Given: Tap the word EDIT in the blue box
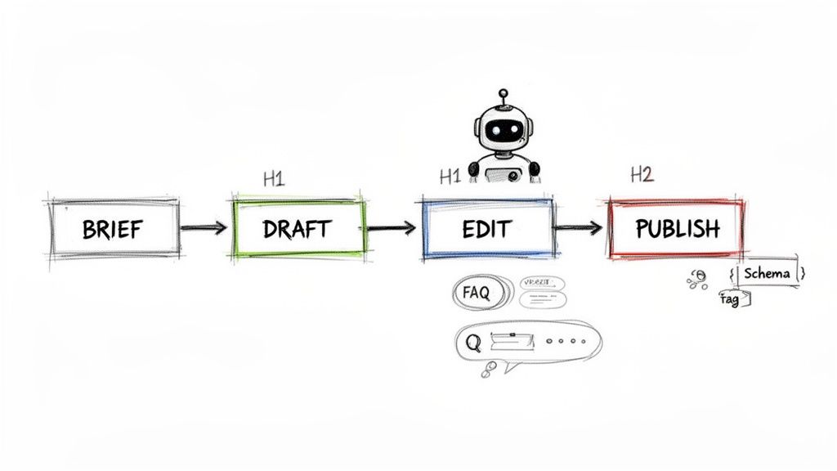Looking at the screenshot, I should pyautogui.click(x=486, y=228).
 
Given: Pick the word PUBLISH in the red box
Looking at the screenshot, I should pyautogui.click(x=677, y=228).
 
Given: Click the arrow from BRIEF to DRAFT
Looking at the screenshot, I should pyautogui.click(x=204, y=228).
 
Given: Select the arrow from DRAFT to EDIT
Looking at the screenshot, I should pyautogui.click(x=392, y=228).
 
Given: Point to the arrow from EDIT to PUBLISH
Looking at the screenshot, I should pyautogui.click(x=580, y=228).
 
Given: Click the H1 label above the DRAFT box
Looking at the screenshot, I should pyautogui.click(x=274, y=179).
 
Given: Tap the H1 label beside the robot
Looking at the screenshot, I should pyautogui.click(x=450, y=176).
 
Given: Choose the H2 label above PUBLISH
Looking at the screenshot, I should pyautogui.click(x=642, y=174).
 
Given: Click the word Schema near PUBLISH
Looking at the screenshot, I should pyautogui.click(x=768, y=273).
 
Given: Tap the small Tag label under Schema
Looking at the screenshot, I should pyautogui.click(x=730, y=300).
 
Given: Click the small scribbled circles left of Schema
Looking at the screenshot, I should pyautogui.click(x=697, y=280).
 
